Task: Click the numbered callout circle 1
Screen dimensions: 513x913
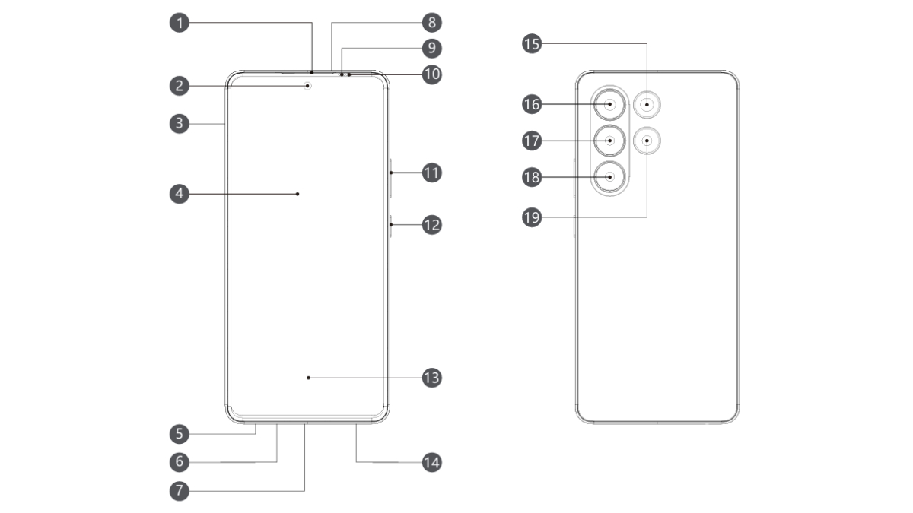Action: pyautogui.click(x=180, y=23)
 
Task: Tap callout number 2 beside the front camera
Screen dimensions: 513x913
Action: pyautogui.click(x=180, y=86)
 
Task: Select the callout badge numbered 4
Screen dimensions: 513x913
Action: pyautogui.click(x=180, y=194)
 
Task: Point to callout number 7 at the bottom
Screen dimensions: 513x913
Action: pyautogui.click(x=180, y=490)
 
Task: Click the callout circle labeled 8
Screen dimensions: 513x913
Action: pyautogui.click(x=431, y=23)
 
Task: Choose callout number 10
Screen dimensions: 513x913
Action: pyautogui.click(x=431, y=74)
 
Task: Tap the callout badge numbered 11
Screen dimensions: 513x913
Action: pyautogui.click(x=431, y=173)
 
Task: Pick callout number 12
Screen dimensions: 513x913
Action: pyautogui.click(x=431, y=225)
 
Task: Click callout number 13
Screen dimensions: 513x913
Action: pyautogui.click(x=431, y=377)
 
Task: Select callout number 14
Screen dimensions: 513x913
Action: pyautogui.click(x=431, y=462)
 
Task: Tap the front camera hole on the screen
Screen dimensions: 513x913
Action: pyautogui.click(x=308, y=86)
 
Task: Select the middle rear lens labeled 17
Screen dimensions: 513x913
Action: pyautogui.click(x=611, y=140)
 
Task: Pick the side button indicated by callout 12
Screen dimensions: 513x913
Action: pyautogui.click(x=390, y=226)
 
